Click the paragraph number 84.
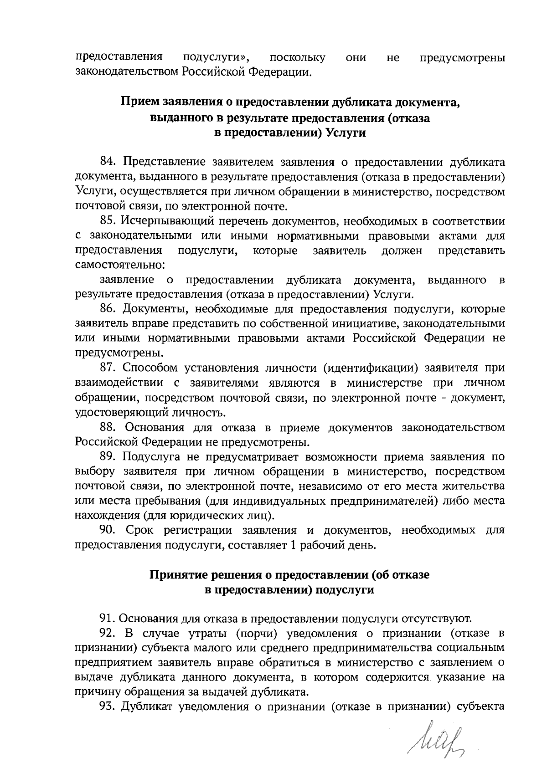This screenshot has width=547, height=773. pyautogui.click(x=108, y=162)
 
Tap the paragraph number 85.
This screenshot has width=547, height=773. pyautogui.click(x=108, y=221)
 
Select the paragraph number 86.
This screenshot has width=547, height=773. pyautogui.click(x=108, y=310)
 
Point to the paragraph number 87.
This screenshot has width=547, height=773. pyautogui.click(x=108, y=369)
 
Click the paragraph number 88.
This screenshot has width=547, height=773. pyautogui.click(x=108, y=428)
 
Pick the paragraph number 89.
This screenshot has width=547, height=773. pyautogui.click(x=108, y=457)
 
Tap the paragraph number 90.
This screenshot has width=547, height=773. pyautogui.click(x=108, y=531)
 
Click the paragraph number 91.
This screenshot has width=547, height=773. pyautogui.click(x=108, y=619)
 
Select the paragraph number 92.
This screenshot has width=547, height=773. pyautogui.click(x=108, y=634)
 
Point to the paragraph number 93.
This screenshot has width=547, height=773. pyautogui.click(x=108, y=707)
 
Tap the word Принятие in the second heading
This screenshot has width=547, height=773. pyautogui.click(x=178, y=575)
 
